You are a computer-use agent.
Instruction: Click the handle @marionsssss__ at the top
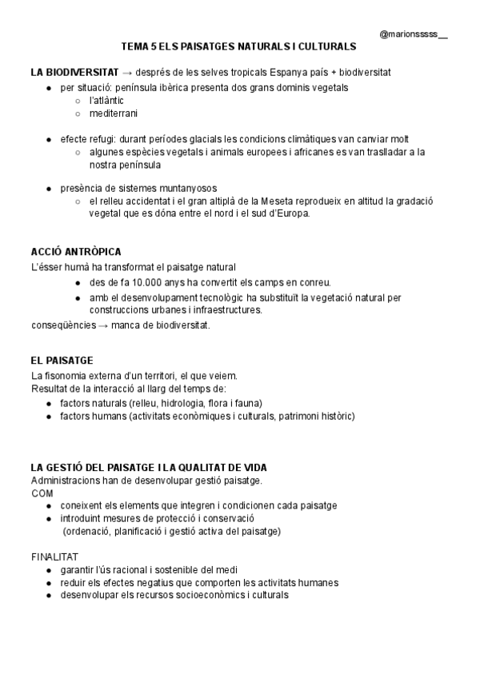[414, 35]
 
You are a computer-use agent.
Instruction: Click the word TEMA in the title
[134, 48]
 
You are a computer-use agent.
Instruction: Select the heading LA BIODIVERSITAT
[75, 72]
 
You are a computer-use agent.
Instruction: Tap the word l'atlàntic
[107, 100]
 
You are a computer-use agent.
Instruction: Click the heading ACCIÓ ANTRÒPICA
[76, 251]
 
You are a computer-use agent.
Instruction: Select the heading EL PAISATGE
[62, 361]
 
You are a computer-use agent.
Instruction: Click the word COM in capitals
[42, 493]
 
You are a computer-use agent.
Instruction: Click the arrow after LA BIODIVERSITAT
[129, 72]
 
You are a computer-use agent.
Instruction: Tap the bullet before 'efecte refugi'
[50, 139]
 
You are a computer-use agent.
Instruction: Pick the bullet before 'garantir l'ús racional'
[50, 569]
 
